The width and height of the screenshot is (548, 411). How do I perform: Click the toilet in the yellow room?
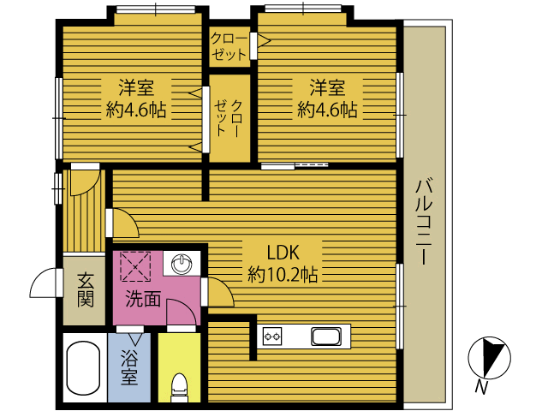click(x=179, y=387)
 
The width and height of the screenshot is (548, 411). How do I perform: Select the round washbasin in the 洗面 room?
click(x=182, y=263)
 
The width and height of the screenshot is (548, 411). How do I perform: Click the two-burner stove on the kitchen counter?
click(x=272, y=337)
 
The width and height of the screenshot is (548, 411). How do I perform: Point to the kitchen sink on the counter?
click(x=326, y=337)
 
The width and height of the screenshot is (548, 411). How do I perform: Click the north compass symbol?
click(x=489, y=358)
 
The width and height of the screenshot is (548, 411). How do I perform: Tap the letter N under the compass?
click(x=481, y=387)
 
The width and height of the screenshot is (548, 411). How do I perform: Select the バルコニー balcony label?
click(x=425, y=223)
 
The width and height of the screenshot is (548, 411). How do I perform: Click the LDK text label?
click(x=283, y=253)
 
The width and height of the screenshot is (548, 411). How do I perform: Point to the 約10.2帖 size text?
click(x=283, y=274)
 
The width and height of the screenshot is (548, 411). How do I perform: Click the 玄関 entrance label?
click(x=86, y=289)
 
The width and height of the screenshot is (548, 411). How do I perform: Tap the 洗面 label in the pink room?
click(x=143, y=299)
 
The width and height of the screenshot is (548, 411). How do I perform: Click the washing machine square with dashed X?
click(x=135, y=266)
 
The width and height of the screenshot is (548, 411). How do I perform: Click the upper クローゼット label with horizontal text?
click(x=229, y=46)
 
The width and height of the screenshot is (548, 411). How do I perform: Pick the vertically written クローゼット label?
click(x=229, y=118)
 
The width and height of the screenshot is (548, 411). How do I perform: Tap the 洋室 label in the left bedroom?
click(x=136, y=87)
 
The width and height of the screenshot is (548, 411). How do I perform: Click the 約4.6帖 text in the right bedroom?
click(x=327, y=110)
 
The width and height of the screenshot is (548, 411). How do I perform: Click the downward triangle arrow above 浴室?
click(x=135, y=339)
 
